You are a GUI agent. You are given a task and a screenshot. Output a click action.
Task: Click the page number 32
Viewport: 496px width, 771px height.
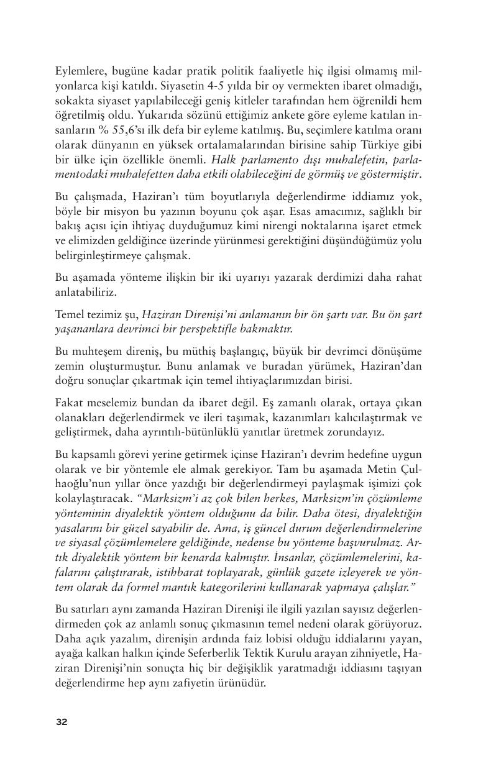(62, 721)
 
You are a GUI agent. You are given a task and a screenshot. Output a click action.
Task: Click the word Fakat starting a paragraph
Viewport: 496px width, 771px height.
(69, 403)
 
